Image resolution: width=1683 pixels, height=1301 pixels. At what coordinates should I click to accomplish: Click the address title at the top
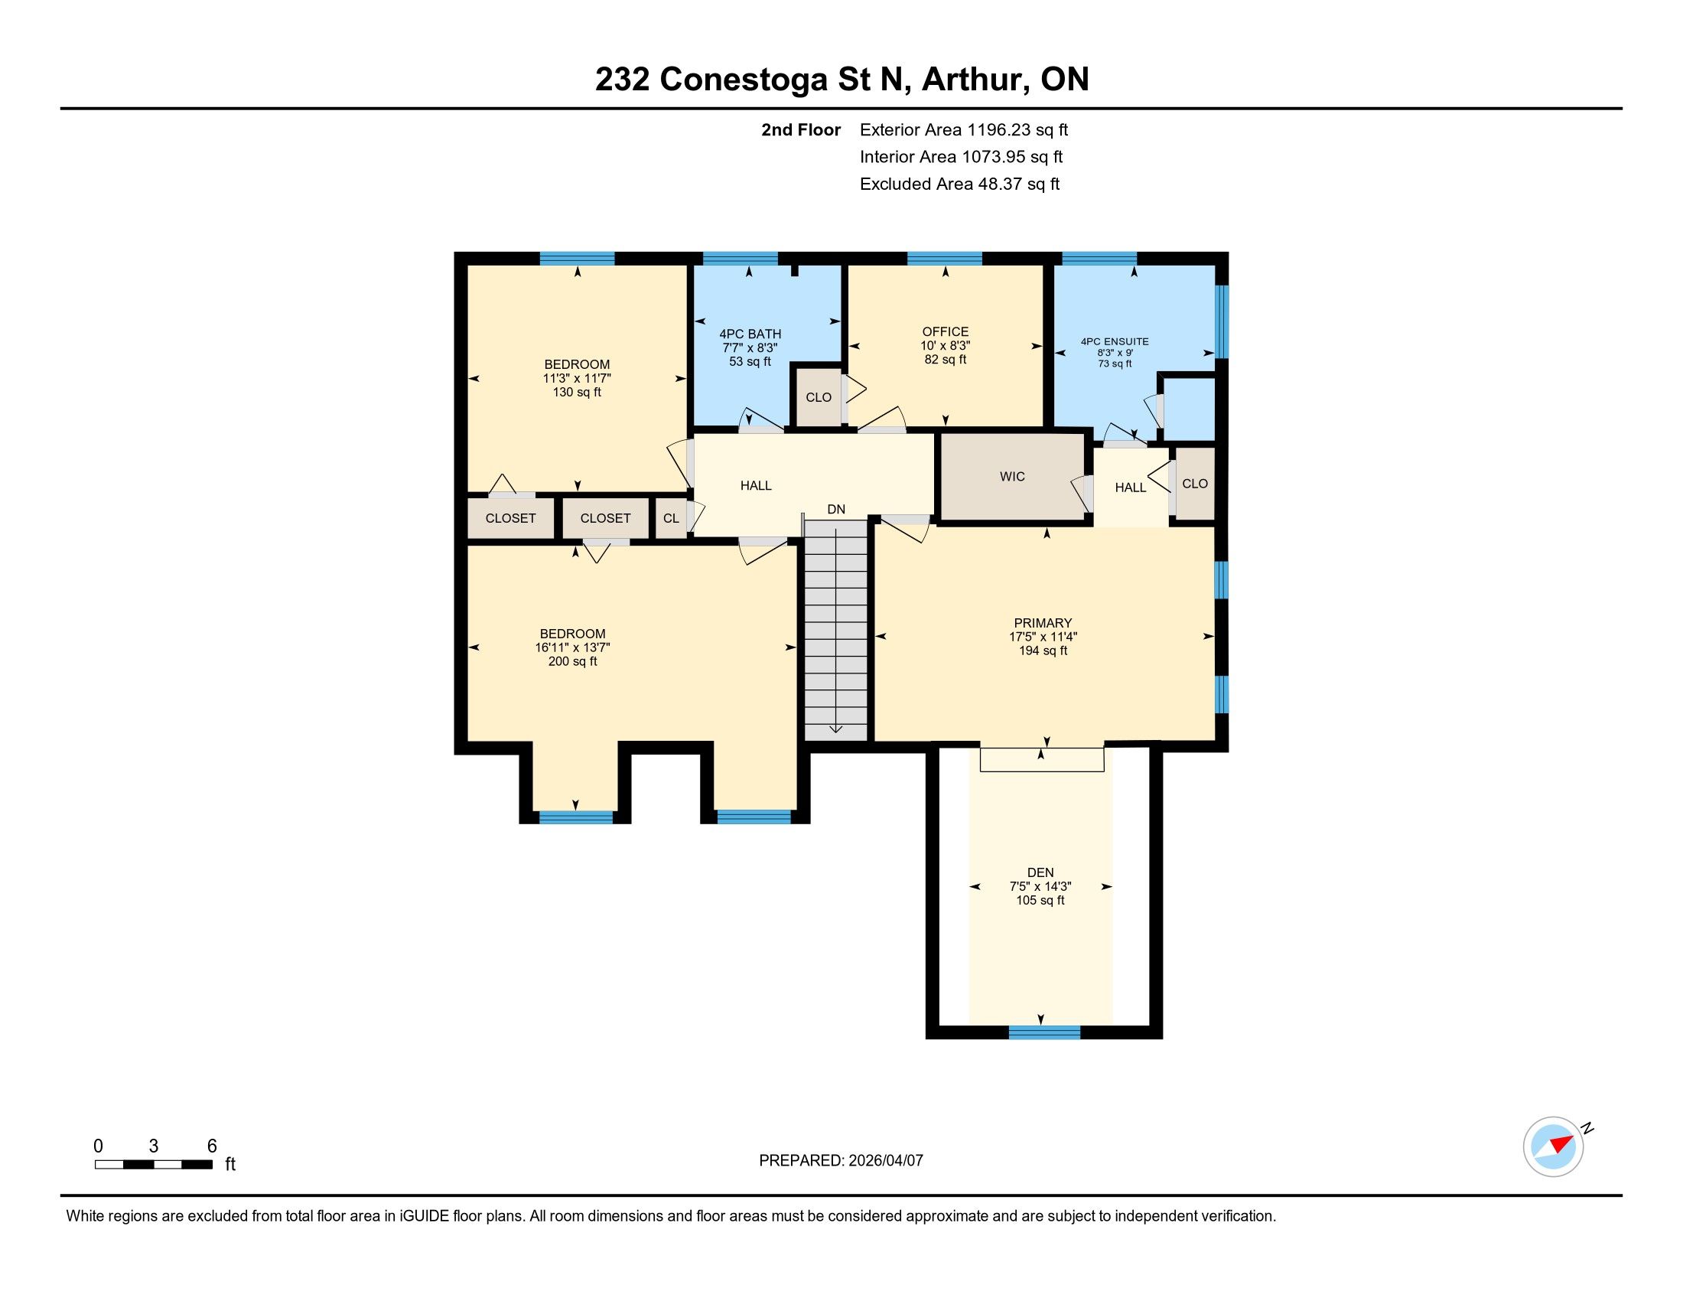[x=841, y=80]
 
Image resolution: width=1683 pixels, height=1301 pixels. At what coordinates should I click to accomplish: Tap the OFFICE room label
[x=946, y=332]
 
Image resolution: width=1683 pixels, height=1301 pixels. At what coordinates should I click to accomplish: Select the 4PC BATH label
[x=750, y=334]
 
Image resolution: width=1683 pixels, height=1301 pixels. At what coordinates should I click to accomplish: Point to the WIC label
[x=1013, y=477]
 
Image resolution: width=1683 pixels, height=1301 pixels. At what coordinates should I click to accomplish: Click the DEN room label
[x=1040, y=872]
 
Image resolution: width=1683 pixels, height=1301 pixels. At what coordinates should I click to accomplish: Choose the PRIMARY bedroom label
[x=1043, y=623]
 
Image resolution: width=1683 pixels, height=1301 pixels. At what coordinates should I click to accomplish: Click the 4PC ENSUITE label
[x=1115, y=341]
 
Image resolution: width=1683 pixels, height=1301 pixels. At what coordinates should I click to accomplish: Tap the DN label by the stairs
[x=836, y=510]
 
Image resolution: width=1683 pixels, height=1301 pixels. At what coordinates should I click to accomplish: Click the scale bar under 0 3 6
[x=153, y=1165]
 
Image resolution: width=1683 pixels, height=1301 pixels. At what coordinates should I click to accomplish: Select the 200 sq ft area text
[x=571, y=661]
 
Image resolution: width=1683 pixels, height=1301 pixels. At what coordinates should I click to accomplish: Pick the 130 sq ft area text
[x=576, y=393]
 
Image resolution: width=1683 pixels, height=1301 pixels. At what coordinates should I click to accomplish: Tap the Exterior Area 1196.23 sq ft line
[x=964, y=130]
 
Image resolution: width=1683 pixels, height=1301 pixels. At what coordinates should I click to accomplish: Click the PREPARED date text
[x=841, y=1161]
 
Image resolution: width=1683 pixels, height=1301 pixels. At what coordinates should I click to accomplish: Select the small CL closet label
[x=671, y=519]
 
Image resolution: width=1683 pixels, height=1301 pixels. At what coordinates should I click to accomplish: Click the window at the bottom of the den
[x=1044, y=1033]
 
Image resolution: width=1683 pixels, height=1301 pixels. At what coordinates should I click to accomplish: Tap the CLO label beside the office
[x=819, y=398]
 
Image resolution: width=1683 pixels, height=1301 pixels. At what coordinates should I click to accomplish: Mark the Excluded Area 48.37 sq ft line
[x=959, y=184]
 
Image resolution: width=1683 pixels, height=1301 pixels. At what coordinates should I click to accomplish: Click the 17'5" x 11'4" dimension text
[x=1043, y=637]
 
